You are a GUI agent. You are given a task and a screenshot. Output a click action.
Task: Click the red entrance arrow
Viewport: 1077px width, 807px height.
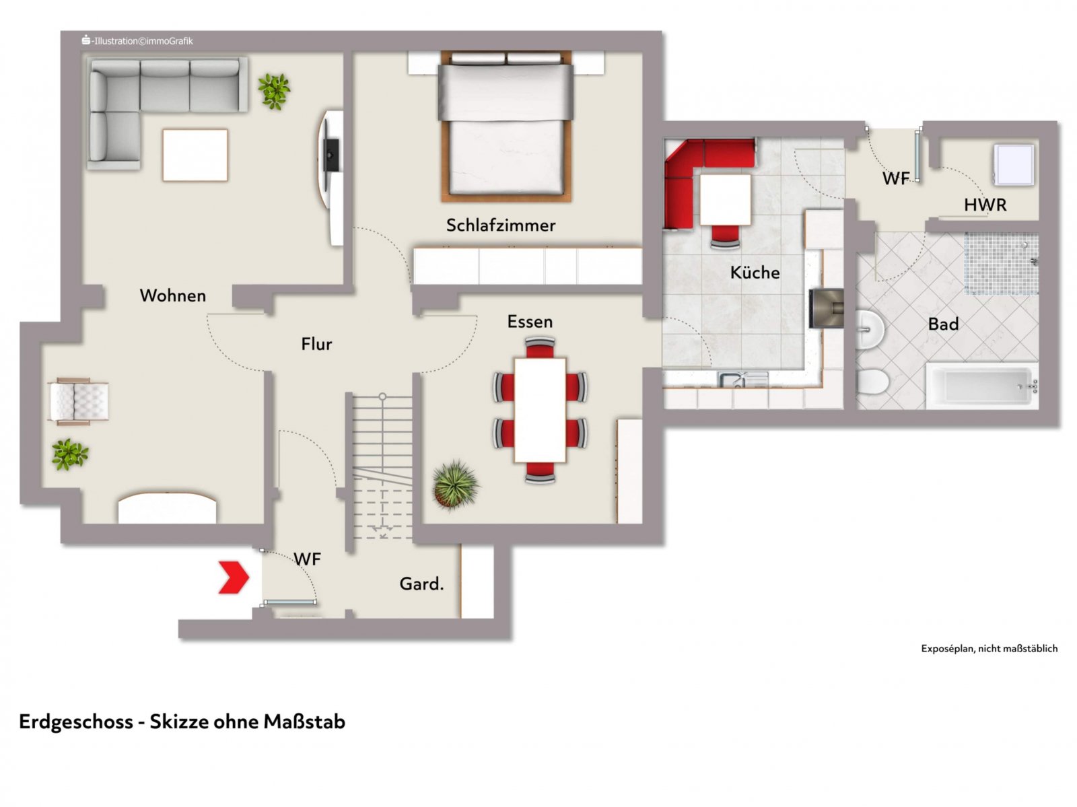coord(234,577)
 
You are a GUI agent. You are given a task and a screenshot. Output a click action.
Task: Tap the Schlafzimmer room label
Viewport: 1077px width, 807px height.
coord(501,225)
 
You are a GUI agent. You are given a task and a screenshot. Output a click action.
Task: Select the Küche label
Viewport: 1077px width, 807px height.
coord(755,273)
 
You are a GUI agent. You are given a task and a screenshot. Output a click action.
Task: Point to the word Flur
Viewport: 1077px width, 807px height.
coord(316,344)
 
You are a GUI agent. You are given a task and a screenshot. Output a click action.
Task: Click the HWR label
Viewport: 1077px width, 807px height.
coord(985,205)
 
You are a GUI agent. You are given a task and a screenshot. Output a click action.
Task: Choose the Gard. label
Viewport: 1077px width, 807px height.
coord(421,584)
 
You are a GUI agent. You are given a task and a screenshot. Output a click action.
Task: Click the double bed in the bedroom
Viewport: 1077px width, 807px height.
coord(506,126)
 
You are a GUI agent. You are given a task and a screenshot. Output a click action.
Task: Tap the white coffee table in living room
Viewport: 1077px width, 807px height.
coord(195,155)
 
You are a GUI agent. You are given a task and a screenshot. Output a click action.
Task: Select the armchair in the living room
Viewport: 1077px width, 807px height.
coord(79,401)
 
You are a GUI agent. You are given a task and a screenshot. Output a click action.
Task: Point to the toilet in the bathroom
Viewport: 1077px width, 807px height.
coord(872,382)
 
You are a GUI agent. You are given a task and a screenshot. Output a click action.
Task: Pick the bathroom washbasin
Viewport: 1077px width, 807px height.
coord(870,328)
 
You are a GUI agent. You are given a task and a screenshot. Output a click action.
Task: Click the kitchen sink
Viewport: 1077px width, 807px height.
coord(743,379)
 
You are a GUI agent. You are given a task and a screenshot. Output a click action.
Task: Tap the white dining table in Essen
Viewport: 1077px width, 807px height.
coord(540,410)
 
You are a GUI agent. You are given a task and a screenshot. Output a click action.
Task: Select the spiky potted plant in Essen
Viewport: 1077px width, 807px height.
coord(455,484)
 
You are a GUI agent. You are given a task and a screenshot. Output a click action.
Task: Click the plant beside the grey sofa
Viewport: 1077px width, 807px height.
coord(274,92)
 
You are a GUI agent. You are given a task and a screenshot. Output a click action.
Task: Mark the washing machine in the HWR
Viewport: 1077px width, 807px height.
coord(1014,164)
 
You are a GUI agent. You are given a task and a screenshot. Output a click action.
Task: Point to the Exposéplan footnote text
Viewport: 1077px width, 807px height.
coord(989,649)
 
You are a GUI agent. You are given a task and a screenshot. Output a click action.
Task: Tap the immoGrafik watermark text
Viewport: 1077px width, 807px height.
coord(137,41)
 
